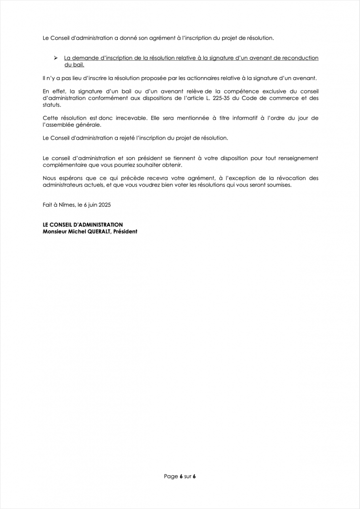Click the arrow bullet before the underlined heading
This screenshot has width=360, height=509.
click(x=56, y=58)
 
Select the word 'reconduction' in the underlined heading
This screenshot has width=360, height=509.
click(x=299, y=58)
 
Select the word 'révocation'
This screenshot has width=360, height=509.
click(x=279, y=178)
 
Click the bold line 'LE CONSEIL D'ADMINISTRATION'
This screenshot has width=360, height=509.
click(x=83, y=225)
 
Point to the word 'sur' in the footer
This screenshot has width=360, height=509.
click(x=187, y=476)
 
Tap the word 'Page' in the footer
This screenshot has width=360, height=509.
click(x=171, y=476)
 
